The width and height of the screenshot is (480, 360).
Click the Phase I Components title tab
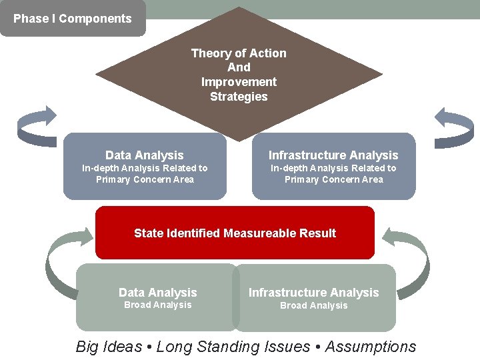pos(72,19)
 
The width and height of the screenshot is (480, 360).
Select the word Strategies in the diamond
pos(239,97)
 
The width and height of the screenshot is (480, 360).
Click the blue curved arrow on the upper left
pos(37,127)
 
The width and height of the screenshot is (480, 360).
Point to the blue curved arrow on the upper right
pos(454,127)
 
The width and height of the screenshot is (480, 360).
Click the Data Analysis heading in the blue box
pos(144,155)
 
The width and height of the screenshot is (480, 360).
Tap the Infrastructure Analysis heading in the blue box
pos(333,155)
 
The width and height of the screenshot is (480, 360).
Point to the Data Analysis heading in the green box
pos(157,293)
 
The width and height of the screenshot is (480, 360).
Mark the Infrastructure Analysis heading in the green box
pos(313,293)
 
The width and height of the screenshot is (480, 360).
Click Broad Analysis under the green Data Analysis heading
pos(157,305)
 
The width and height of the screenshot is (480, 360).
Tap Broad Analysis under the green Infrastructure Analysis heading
pos(313,306)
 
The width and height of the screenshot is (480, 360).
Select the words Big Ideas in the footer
pos(109,347)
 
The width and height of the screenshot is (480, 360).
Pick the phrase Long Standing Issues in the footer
pos(233,347)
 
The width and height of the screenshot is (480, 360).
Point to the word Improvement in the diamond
pos(239,82)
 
